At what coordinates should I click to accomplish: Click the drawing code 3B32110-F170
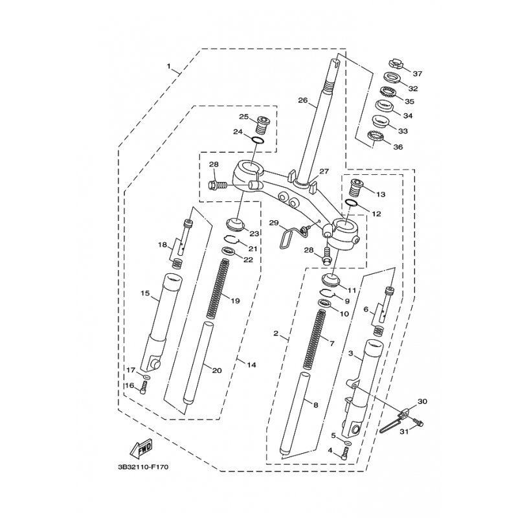(143, 467)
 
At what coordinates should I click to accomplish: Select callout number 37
(418, 74)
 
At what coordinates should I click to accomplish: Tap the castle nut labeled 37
(394, 63)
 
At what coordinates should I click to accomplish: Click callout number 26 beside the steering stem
(302, 100)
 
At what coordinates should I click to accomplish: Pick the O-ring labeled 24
(258, 141)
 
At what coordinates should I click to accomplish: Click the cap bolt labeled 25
(264, 125)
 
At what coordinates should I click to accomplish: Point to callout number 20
(217, 370)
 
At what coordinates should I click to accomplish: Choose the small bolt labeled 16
(144, 387)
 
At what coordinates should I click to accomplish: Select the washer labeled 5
(348, 442)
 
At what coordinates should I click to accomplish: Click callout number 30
(422, 401)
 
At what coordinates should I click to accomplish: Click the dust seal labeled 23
(235, 224)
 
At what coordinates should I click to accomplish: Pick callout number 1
(169, 67)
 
